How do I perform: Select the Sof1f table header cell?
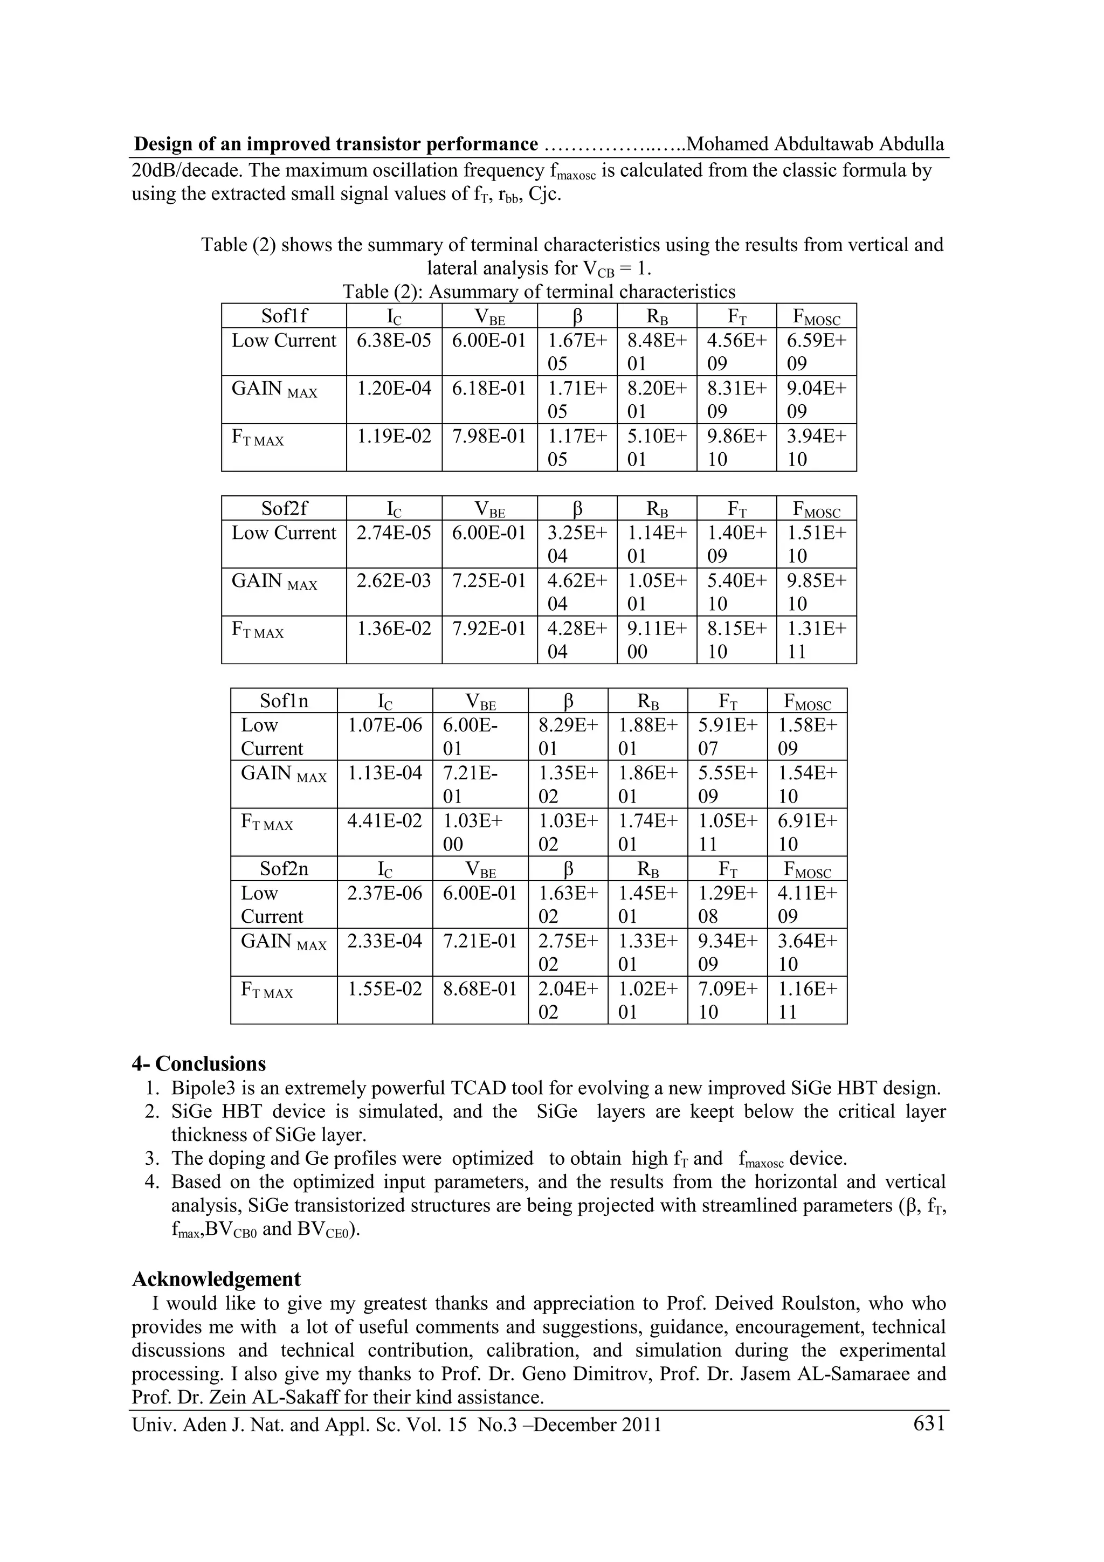pos(284,316)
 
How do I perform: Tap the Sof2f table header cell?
pos(284,509)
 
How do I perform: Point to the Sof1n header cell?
pos(284,701)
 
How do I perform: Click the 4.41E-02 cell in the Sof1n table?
pos(384,820)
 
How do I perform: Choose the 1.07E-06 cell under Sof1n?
pos(384,725)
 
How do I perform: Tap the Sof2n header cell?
pos(284,869)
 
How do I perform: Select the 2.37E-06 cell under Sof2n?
pos(384,893)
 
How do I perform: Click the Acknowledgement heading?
pos(216,1279)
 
